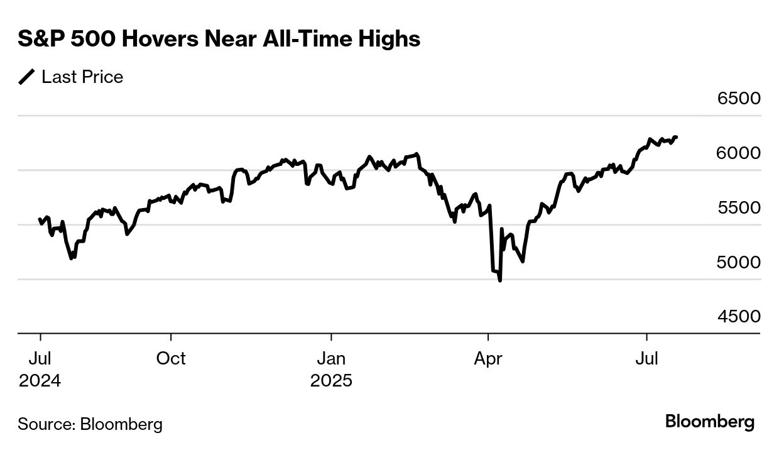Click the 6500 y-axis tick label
click(739, 99)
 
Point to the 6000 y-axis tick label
click(739, 153)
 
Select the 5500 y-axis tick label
click(739, 207)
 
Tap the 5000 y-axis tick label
click(739, 262)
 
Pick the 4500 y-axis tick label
click(739, 316)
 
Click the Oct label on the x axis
click(171, 358)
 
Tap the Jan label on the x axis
click(331, 358)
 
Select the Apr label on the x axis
click(488, 358)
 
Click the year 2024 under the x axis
click(40, 381)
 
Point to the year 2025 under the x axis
click(331, 381)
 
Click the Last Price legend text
click(82, 77)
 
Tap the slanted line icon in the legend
click(27, 77)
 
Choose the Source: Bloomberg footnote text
click(90, 424)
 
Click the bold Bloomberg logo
click(710, 422)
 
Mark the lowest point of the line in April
click(500, 280)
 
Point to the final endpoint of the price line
click(676, 137)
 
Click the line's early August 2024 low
click(72, 258)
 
